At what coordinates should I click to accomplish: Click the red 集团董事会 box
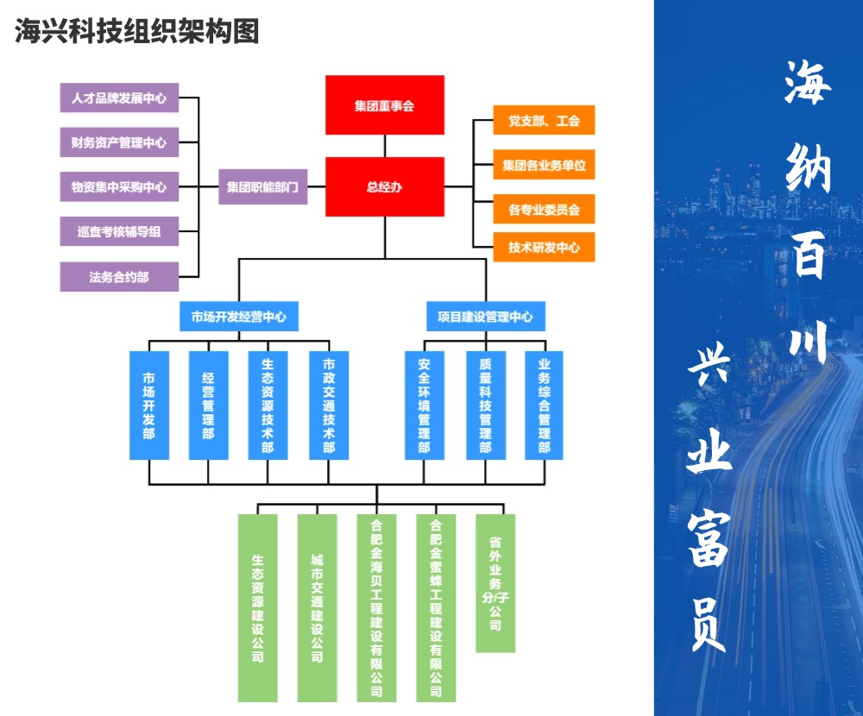tap(384, 105)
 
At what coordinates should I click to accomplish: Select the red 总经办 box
tap(384, 186)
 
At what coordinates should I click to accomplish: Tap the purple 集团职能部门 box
tap(262, 186)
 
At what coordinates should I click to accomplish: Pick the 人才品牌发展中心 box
tap(119, 97)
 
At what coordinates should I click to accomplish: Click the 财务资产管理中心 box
tap(119, 142)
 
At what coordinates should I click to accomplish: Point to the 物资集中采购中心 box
tap(119, 186)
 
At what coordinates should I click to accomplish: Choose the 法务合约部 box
tap(119, 277)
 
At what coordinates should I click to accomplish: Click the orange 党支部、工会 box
tap(544, 121)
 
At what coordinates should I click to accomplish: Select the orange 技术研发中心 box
tap(544, 248)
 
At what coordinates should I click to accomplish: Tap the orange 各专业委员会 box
tap(544, 209)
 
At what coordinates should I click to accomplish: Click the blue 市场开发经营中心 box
tap(239, 317)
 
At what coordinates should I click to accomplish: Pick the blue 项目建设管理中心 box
tap(485, 317)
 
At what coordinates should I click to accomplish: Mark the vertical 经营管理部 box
tap(208, 405)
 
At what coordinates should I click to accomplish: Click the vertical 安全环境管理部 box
tap(425, 405)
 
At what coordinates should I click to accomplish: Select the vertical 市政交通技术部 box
tap(329, 405)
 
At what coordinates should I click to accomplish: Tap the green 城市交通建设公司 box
tap(317, 607)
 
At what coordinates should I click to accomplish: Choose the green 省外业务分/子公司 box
tap(495, 583)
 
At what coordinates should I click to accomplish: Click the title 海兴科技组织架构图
tap(136, 32)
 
